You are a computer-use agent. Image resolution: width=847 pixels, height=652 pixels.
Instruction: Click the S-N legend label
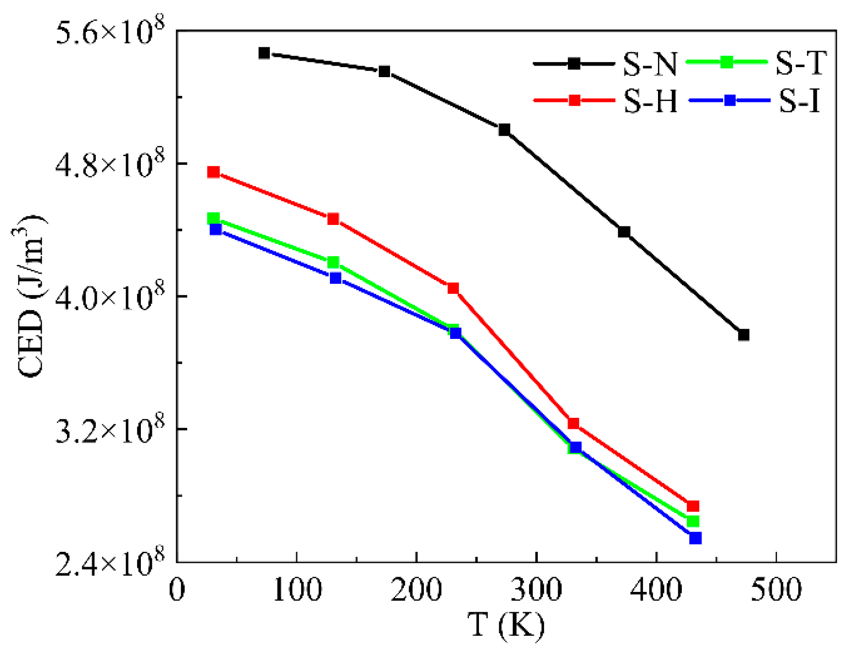coord(650,64)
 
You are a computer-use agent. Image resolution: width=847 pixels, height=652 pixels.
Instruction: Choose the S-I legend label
coord(799,101)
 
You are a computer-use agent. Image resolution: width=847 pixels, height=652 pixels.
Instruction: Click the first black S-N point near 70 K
coord(264,53)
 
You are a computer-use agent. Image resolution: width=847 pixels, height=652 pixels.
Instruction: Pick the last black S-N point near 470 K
coord(744,335)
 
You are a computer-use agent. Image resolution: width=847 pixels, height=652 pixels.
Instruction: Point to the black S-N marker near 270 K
coord(504,130)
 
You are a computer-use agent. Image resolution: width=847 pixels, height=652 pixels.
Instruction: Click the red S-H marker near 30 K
coord(213,172)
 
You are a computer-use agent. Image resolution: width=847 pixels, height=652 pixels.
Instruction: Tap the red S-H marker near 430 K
coord(693,506)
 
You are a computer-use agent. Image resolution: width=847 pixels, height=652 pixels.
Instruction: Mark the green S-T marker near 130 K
coord(333,262)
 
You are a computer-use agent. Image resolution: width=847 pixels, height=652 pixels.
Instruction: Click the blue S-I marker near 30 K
coord(216,229)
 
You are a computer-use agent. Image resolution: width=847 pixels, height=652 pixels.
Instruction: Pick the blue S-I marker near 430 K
coord(696,538)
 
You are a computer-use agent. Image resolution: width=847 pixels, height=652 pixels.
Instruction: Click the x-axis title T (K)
coord(506,625)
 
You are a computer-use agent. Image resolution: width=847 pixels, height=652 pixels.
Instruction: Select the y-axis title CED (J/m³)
coord(30,296)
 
